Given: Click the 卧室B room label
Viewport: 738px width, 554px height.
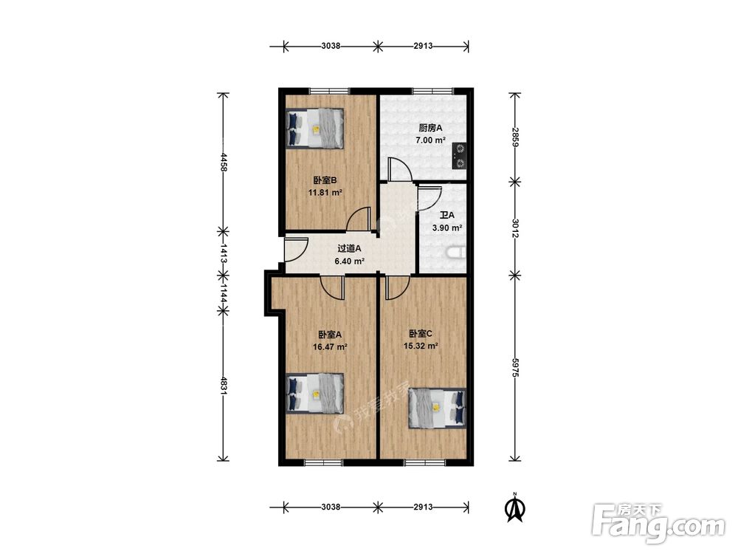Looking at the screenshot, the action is pos(325,180).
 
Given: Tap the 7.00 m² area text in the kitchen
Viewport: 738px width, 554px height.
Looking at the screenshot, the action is pos(431,140).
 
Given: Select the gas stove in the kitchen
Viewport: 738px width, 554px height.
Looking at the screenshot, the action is pos(459,156).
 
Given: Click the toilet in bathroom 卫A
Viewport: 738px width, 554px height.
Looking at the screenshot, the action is pos(455,253).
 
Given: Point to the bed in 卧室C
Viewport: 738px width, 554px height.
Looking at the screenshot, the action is pos(437,408).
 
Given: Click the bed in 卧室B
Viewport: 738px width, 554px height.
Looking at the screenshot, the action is pos(315,129).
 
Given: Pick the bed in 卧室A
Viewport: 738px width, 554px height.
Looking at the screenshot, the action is pos(315,394).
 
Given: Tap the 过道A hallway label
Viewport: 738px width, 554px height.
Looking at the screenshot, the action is pos(349,248).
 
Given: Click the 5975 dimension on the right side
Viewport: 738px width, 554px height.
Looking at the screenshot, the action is pos(515,367).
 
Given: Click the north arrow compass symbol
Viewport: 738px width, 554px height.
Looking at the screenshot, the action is pos(515,507).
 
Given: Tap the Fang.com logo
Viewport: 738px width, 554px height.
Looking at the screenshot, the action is pos(658,524).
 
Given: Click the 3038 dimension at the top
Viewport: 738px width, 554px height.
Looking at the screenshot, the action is pos(331,46).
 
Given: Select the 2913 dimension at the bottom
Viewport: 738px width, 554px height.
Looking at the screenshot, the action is pos(423,507).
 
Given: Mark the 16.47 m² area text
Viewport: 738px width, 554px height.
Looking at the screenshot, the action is pos(330,347).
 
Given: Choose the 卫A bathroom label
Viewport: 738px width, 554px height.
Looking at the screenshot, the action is pos(447,215).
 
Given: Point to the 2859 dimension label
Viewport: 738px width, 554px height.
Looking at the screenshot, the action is pos(515,137).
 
